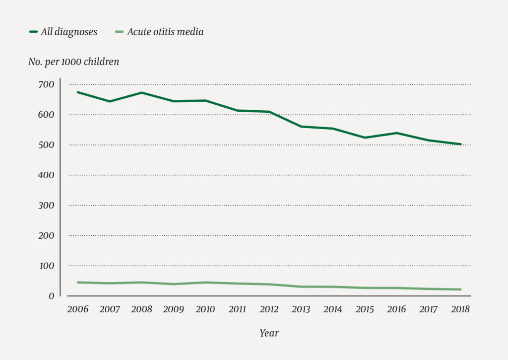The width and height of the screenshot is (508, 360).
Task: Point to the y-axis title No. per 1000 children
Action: click(x=73, y=62)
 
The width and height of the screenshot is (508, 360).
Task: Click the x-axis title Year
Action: click(x=269, y=333)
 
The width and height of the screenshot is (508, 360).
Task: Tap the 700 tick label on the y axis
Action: click(x=46, y=85)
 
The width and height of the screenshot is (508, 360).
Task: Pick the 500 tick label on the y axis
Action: click(x=46, y=145)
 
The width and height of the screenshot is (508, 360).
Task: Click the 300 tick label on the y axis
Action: click(x=46, y=206)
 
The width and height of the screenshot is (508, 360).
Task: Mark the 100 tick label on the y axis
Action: click(x=46, y=266)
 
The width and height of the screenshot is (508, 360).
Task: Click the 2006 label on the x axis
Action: click(x=77, y=309)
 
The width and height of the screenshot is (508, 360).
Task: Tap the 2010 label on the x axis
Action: click(x=205, y=309)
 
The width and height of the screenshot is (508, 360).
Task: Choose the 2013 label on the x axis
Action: click(x=301, y=309)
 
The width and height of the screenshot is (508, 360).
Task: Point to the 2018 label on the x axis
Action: click(x=460, y=309)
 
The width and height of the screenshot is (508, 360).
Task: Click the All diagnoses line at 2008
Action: click(x=141, y=93)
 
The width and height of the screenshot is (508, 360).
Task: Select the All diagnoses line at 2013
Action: click(x=301, y=127)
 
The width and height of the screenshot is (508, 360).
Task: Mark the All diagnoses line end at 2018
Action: click(x=460, y=144)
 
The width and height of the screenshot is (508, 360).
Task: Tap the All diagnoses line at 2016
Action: click(x=396, y=133)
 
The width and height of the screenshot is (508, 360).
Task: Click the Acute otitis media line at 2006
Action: click(x=78, y=282)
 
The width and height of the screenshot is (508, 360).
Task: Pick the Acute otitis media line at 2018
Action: click(x=460, y=289)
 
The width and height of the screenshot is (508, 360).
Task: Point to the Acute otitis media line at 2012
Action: click(x=269, y=284)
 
